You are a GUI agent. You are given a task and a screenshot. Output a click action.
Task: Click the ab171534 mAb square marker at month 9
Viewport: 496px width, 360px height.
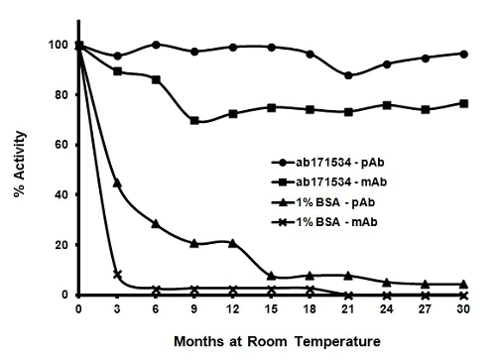[x=194, y=121]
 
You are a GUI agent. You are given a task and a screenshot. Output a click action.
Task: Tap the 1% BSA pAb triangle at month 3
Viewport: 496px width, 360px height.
[x=117, y=183]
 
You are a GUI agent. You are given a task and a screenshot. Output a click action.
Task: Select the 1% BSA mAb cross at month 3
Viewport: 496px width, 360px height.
[x=117, y=275]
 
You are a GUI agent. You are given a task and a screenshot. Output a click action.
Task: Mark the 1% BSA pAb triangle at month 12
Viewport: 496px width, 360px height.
[x=233, y=243]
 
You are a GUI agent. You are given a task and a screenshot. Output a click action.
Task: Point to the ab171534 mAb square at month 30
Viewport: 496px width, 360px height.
[x=464, y=103]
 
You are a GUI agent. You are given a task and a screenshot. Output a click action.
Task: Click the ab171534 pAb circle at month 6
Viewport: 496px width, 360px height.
[x=156, y=45]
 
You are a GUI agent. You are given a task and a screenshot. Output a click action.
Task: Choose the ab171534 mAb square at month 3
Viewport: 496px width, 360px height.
[x=117, y=71]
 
